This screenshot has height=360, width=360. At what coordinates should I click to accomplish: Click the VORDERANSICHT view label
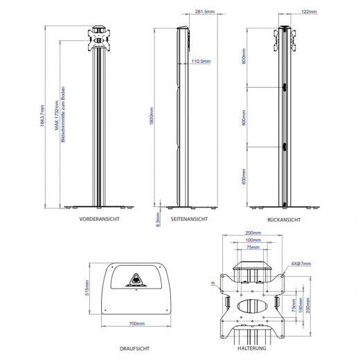(x=100, y=219)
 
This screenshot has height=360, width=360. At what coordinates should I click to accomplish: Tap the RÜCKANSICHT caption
(x=283, y=219)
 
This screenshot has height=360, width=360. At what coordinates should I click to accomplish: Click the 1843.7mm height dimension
(x=42, y=116)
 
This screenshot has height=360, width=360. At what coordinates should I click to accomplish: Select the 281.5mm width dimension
(x=204, y=12)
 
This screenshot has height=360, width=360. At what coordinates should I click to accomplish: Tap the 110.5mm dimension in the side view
(x=199, y=62)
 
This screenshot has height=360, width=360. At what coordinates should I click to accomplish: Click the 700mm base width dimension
(x=136, y=323)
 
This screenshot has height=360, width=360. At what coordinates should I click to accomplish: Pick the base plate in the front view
(x=100, y=206)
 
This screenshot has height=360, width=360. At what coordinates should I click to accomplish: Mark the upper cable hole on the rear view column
(x=283, y=87)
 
